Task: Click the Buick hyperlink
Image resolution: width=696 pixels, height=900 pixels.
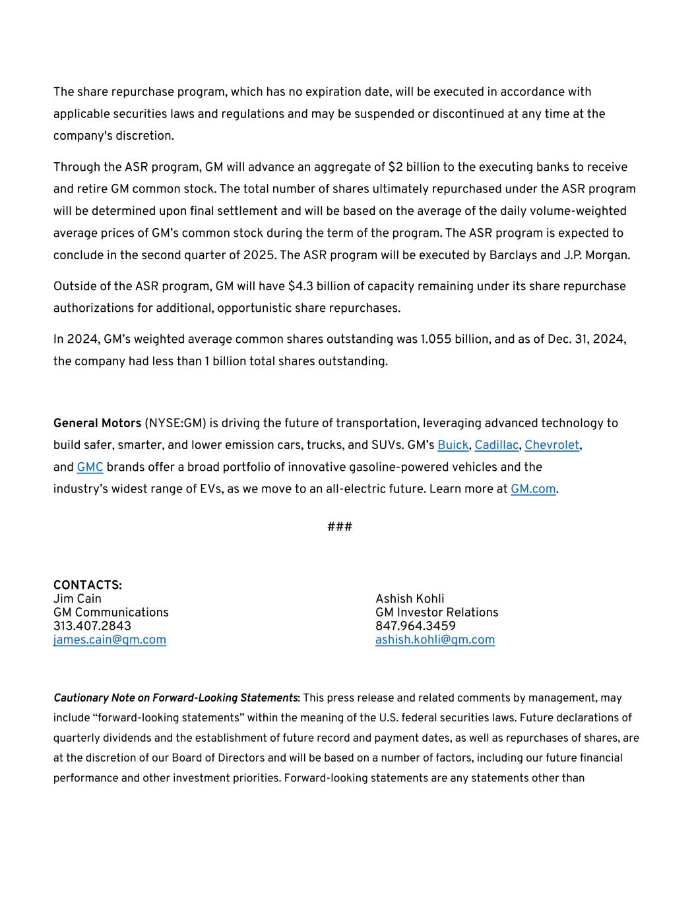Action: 453,445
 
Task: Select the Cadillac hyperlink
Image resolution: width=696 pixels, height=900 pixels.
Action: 496,445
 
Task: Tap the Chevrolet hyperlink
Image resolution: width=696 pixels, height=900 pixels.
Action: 552,445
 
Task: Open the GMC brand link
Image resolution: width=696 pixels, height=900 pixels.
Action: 90,467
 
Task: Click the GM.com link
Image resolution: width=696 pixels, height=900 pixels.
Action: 533,489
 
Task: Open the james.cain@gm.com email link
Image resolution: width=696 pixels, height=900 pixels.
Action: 110,640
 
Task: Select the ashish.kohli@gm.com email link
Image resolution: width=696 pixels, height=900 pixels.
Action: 435,640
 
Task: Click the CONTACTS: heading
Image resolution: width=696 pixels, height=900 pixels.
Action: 88,585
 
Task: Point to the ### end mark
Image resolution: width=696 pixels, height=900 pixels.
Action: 340,527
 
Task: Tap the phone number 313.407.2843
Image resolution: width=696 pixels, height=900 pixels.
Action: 92,626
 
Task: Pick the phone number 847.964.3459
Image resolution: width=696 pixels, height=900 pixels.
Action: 416,626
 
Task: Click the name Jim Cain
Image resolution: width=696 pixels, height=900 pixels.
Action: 77,599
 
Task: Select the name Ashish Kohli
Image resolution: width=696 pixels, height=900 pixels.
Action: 410,599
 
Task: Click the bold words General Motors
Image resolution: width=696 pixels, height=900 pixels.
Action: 97,423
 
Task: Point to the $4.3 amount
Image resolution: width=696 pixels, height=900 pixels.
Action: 300,287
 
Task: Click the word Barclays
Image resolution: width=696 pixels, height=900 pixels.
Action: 513,255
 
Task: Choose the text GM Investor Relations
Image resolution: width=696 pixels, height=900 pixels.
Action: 437,613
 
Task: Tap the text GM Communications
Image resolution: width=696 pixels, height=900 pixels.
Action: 111,613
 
